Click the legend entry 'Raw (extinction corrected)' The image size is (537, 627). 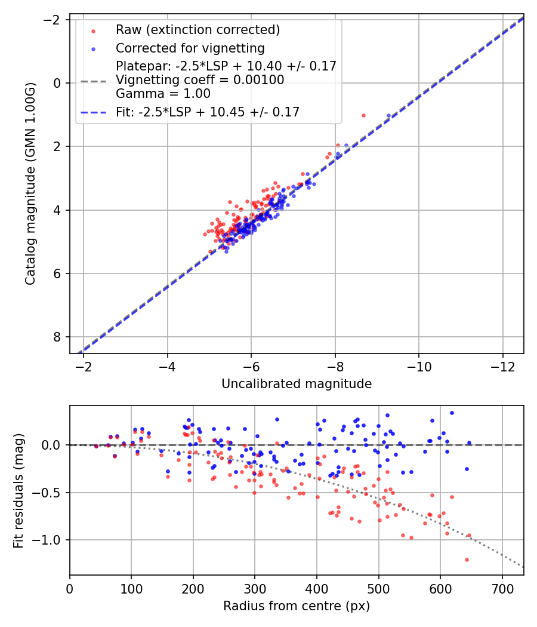[197, 30]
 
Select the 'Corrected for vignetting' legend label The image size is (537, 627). [190, 48]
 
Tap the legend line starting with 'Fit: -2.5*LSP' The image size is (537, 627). [208, 112]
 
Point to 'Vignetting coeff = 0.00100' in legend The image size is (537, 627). [200, 79]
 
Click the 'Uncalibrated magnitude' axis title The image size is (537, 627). [297, 384]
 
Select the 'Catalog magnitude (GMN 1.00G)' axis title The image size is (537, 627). [30, 184]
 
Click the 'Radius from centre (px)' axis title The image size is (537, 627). [297, 606]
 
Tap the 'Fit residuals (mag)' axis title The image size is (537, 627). [18, 490]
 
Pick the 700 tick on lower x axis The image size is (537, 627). [502, 588]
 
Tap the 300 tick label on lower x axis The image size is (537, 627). [255, 588]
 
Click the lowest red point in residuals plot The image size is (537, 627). [467, 560]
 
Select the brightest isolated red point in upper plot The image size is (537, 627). [363, 115]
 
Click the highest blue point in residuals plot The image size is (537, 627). [452, 413]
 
